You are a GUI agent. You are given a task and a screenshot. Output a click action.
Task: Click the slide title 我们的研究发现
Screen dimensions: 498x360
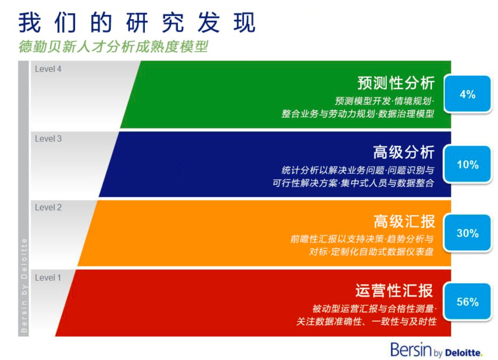click(x=137, y=23)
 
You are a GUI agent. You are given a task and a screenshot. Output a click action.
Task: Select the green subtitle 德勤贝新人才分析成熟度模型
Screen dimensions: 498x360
click(x=113, y=47)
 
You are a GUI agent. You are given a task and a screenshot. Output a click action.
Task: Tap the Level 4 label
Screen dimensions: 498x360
click(x=48, y=69)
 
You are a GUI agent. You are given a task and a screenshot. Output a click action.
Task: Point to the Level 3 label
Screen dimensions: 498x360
click(x=48, y=139)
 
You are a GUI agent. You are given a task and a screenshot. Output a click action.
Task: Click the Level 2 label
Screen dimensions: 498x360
click(x=48, y=207)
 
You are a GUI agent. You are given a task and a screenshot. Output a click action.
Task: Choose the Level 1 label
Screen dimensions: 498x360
click(x=48, y=278)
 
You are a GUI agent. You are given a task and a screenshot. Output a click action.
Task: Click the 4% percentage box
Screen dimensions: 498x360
click(x=468, y=94)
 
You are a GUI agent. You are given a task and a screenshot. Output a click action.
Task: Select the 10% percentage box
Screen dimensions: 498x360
click(x=468, y=165)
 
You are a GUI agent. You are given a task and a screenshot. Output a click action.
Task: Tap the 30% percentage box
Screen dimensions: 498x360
click(x=468, y=233)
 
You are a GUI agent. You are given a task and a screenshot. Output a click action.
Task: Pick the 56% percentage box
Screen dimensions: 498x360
click(x=468, y=302)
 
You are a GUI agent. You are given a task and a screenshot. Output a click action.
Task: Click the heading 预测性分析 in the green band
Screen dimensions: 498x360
click(x=396, y=83)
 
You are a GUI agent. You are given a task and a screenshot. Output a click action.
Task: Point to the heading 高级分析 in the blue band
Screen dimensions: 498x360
click(x=403, y=152)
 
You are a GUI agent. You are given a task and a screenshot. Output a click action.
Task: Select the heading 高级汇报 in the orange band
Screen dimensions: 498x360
click(x=404, y=221)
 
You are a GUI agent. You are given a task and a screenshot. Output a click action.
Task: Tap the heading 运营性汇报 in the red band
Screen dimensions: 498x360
click(x=394, y=290)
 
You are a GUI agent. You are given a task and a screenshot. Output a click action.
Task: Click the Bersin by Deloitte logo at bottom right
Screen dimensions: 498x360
click(x=436, y=350)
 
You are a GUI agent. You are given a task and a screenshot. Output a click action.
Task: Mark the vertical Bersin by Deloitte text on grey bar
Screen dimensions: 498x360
click(x=24, y=285)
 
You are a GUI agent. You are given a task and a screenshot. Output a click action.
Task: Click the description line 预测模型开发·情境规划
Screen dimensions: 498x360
click(x=384, y=101)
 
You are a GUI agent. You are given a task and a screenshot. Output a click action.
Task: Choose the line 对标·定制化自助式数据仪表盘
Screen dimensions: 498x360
click(x=371, y=252)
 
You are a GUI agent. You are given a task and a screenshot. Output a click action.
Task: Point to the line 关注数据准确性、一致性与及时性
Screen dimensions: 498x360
click(x=366, y=321)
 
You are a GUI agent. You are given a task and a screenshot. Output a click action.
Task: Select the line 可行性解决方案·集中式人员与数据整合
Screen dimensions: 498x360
click(x=353, y=183)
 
